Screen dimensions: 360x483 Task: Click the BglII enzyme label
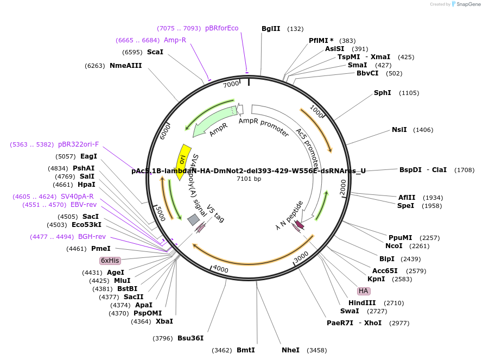tap(271, 29)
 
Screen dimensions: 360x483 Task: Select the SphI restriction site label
tap(382, 93)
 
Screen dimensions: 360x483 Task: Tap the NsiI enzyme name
tap(399, 130)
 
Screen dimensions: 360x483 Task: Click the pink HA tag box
tap(363, 290)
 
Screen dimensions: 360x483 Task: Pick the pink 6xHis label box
tap(110, 261)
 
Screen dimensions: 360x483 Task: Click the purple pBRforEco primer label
tap(221, 28)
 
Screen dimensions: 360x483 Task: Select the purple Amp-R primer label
tap(175, 40)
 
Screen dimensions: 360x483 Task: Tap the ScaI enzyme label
tap(155, 52)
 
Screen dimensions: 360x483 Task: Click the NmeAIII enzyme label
tap(125, 66)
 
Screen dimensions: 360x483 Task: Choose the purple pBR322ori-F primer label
tap(79, 144)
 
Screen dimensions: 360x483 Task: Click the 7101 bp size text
tap(249, 179)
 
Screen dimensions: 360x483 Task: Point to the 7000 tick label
tap(231, 84)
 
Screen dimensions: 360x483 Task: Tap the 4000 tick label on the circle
tap(220, 268)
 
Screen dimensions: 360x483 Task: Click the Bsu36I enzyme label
tap(190, 338)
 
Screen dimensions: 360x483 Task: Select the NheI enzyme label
tap(290, 350)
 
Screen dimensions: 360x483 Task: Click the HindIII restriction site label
tap(361, 303)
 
